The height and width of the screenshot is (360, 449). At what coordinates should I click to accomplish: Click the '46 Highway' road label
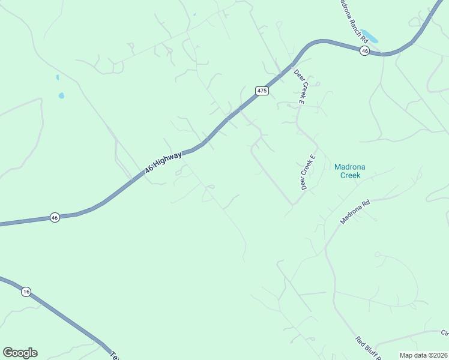coord(163,163)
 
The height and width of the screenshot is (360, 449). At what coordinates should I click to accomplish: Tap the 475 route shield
coord(261,91)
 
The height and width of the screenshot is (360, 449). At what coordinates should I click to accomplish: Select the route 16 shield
coord(25,292)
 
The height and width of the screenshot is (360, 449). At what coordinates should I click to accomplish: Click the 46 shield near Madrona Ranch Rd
coord(364,51)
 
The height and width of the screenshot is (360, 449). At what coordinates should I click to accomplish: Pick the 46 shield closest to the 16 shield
coord(55,217)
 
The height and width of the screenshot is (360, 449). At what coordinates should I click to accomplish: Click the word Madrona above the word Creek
coord(350,167)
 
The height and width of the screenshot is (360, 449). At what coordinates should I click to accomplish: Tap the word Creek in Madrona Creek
coord(350,175)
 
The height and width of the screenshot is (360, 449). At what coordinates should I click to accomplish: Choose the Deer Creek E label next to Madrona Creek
coord(308,172)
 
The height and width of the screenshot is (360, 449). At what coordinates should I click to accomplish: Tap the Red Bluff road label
coord(368,348)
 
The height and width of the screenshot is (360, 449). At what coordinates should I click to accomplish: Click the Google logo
coord(20,353)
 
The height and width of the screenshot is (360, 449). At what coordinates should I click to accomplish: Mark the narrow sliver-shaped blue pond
coord(57,77)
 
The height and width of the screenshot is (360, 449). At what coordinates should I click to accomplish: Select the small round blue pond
coord(61,95)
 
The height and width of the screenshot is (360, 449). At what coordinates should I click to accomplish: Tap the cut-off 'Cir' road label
coord(444,334)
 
